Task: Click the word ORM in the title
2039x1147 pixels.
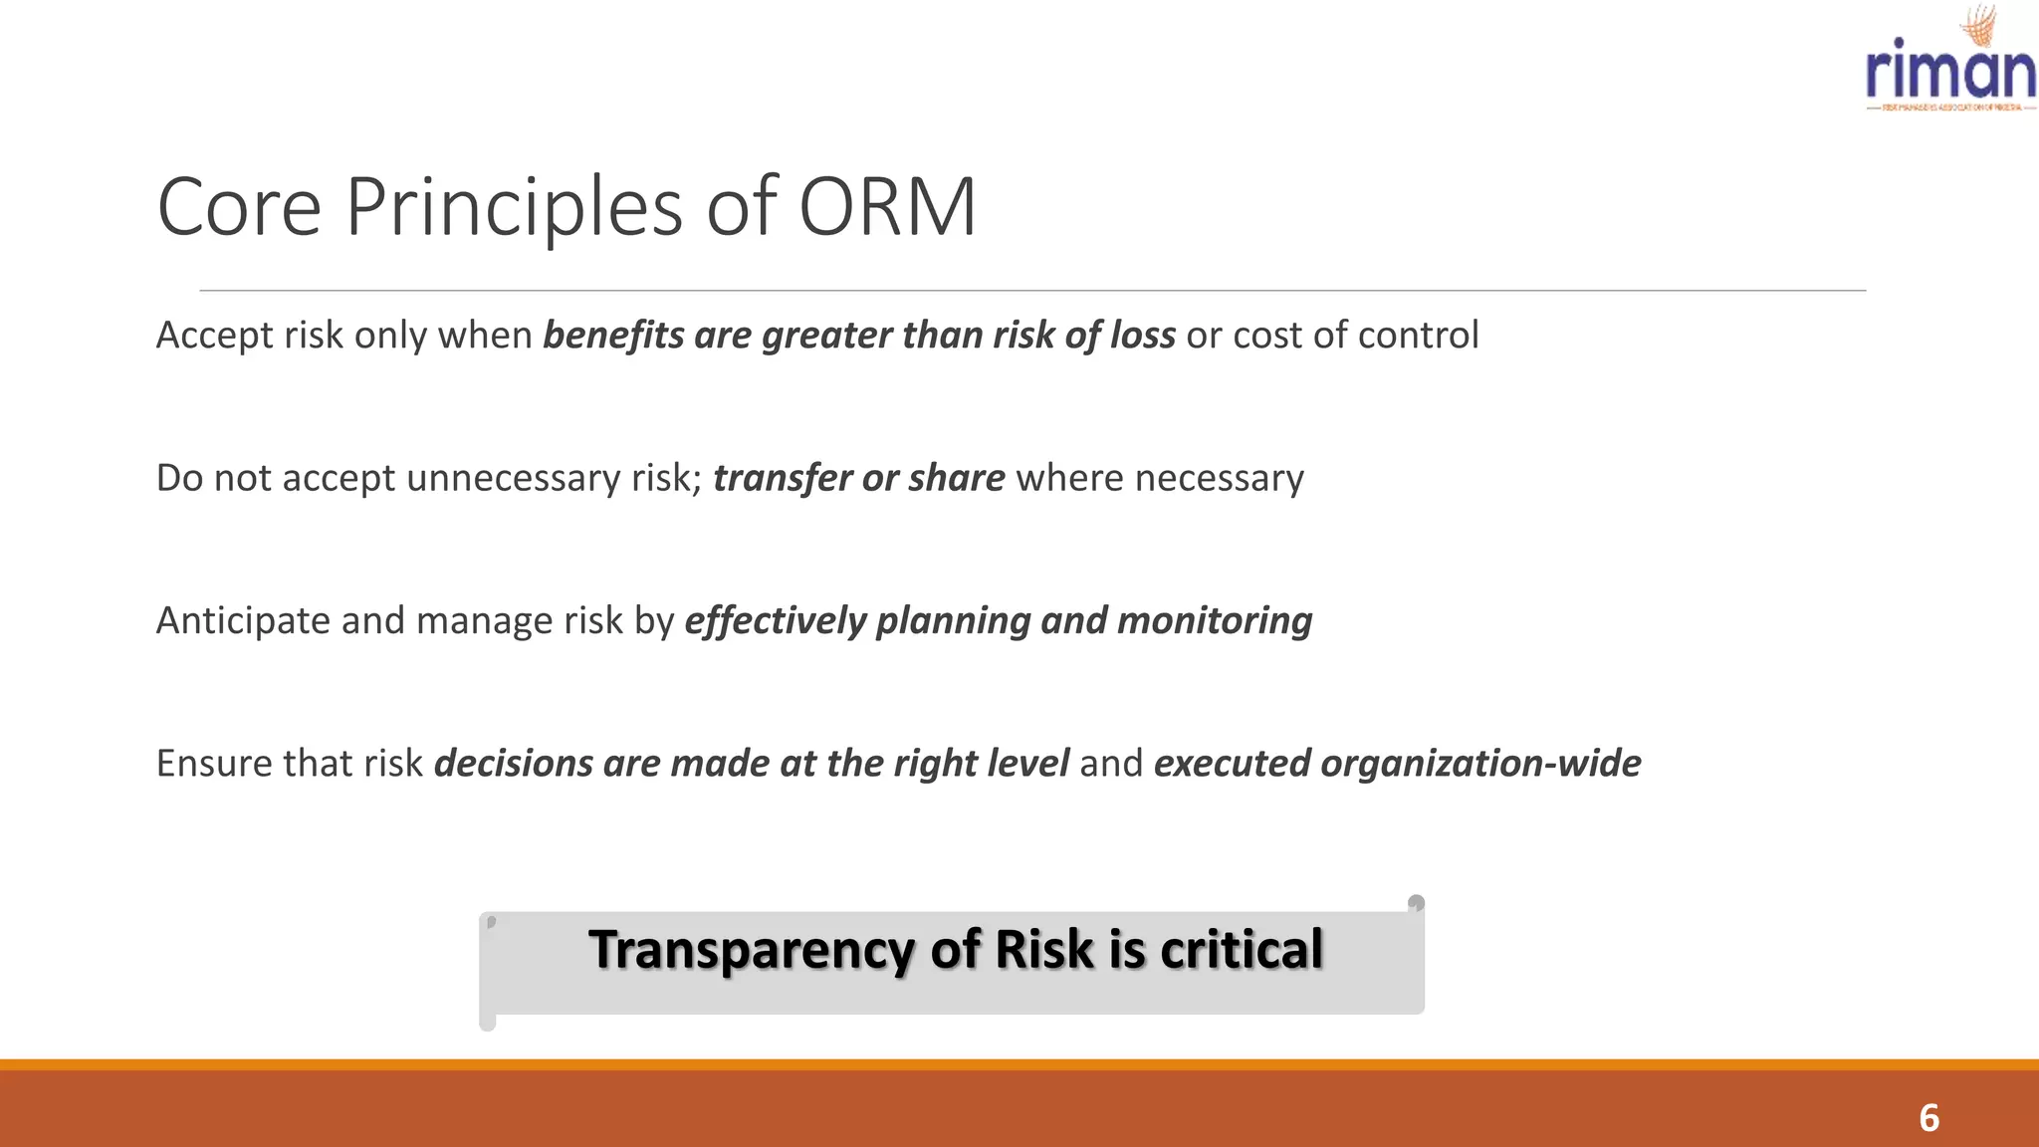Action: [x=887, y=207]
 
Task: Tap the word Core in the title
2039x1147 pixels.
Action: [x=239, y=207]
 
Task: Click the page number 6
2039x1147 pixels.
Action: [x=1928, y=1118]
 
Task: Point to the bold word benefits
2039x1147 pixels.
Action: [x=613, y=336]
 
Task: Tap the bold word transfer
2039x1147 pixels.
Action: [x=782, y=478]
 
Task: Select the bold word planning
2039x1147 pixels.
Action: [x=953, y=620]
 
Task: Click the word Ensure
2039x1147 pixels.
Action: [x=214, y=764]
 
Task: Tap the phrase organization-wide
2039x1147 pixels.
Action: [x=1480, y=764]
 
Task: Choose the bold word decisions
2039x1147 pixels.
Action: [x=514, y=764]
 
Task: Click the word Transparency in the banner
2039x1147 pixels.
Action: [x=752, y=949]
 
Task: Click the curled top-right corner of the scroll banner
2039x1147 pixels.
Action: [x=1416, y=903]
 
